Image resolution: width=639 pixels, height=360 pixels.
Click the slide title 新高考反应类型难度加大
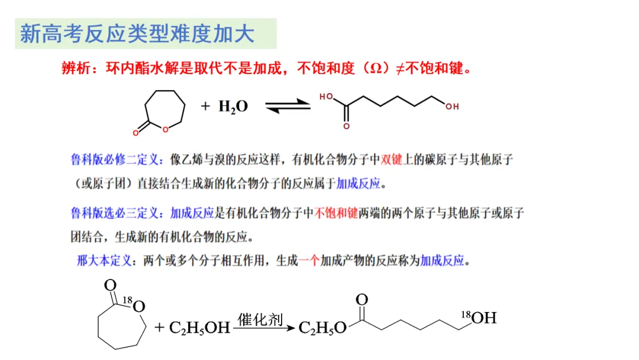coord(137,34)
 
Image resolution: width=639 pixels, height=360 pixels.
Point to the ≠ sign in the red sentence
coord(399,69)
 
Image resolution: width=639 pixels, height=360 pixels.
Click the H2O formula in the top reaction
coord(233,107)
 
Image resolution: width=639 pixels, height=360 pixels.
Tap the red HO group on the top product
coord(326,97)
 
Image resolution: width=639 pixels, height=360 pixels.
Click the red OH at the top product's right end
coord(452,107)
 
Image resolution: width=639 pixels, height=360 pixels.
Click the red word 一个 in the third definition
coord(309,261)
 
